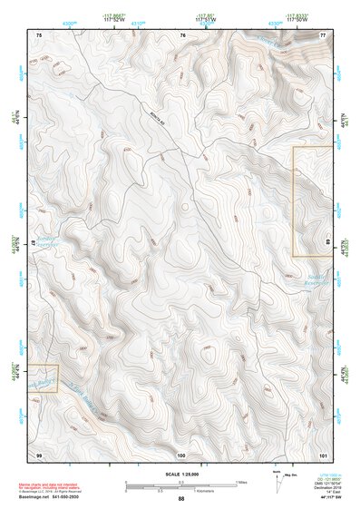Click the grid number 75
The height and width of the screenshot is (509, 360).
(x=39, y=34)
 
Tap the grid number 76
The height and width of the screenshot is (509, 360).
(x=182, y=34)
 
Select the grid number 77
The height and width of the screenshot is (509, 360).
(x=323, y=34)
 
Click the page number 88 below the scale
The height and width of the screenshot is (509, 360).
(x=181, y=498)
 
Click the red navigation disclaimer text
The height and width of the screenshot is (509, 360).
(x=49, y=488)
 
